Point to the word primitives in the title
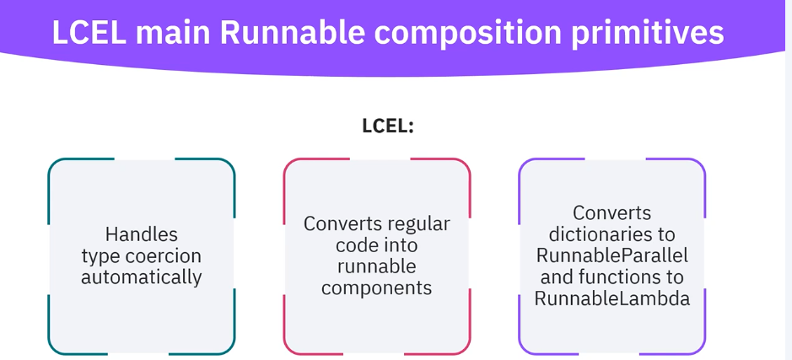(653, 35)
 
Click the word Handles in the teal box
(142, 234)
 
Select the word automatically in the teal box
(142, 277)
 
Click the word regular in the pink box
(419, 224)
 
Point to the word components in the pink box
(376, 287)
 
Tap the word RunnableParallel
(612, 255)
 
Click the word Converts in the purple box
(612, 213)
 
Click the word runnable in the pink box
(377, 266)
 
